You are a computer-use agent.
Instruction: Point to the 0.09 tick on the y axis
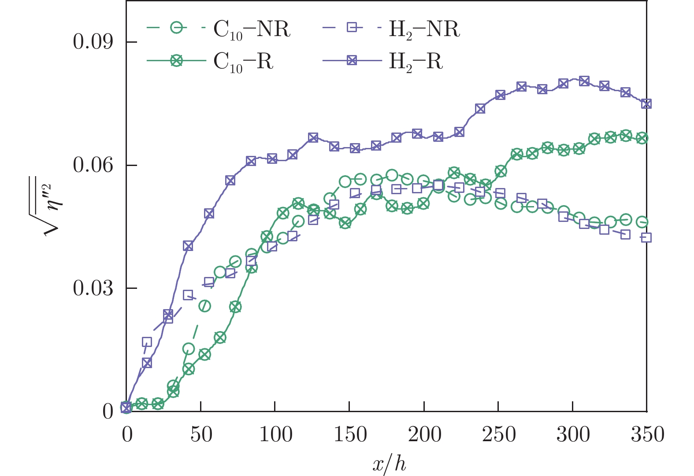93,42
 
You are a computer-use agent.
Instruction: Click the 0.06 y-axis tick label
93,165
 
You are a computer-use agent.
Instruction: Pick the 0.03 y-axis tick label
93,288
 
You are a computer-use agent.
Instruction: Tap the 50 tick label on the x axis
200,435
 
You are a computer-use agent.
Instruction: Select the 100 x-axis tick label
275,435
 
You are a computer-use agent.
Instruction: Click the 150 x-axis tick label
349,435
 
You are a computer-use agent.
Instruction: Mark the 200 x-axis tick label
424,435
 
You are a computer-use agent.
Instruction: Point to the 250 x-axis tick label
498,435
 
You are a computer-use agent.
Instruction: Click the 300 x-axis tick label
572,435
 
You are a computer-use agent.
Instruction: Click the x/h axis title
388,462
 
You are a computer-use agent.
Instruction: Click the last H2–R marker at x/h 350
646,104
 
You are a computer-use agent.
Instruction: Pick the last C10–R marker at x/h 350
642,138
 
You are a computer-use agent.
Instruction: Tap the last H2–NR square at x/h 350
646,237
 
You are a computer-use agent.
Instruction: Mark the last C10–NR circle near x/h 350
642,222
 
